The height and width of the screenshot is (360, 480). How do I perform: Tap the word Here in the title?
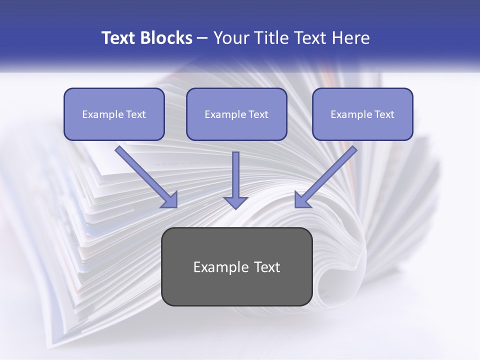[x=350, y=38]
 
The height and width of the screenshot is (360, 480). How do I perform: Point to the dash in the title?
[x=202, y=38]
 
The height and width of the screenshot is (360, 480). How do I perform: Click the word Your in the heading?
[x=231, y=38]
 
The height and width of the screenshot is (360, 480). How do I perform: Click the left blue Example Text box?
[x=114, y=114]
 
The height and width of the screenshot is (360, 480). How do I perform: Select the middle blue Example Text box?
[x=236, y=114]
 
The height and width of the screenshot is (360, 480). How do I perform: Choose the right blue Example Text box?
[x=362, y=114]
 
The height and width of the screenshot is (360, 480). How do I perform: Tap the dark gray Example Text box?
[x=236, y=266]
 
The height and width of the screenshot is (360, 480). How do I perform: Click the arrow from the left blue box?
[x=145, y=175]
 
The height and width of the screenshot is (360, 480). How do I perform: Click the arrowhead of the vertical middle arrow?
[x=235, y=201]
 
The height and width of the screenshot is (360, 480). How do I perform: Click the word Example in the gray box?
[x=221, y=267]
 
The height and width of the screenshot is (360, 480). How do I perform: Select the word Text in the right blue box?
[x=383, y=114]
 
